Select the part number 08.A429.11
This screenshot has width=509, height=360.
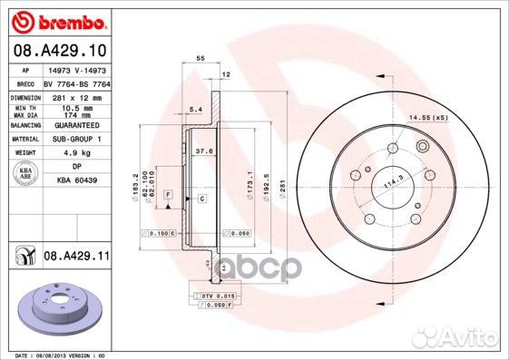tap(75, 258)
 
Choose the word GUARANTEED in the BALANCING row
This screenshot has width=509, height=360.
tap(73, 125)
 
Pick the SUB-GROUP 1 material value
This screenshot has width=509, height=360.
tap(73, 139)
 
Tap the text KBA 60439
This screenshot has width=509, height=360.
tap(75, 180)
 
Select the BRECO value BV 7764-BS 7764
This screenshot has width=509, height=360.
tap(75, 82)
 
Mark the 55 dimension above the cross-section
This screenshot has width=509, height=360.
tap(199, 58)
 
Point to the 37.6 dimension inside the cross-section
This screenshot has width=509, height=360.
tap(205, 151)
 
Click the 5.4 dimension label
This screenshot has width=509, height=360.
tap(193, 110)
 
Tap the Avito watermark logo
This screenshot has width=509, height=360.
tap(471, 340)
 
